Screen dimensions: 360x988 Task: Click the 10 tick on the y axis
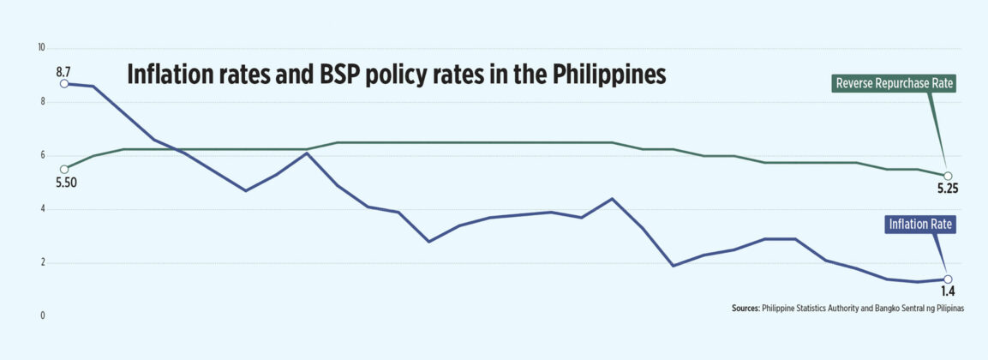click(x=40, y=48)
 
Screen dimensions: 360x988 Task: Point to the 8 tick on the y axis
click(x=41, y=102)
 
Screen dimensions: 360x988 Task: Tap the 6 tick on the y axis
click(x=41, y=156)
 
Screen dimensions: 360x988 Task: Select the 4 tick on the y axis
click(x=41, y=209)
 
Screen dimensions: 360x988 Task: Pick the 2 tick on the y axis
click(x=41, y=263)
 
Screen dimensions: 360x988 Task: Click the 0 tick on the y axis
click(x=41, y=316)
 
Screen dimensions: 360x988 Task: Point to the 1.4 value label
click(x=947, y=291)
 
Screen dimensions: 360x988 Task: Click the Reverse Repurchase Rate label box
click(x=893, y=84)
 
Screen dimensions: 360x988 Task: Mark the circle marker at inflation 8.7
click(x=63, y=84)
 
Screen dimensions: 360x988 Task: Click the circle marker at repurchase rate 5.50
click(x=63, y=169)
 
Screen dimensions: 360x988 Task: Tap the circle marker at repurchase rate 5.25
click(x=947, y=176)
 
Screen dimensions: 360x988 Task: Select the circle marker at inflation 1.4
click(x=947, y=279)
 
